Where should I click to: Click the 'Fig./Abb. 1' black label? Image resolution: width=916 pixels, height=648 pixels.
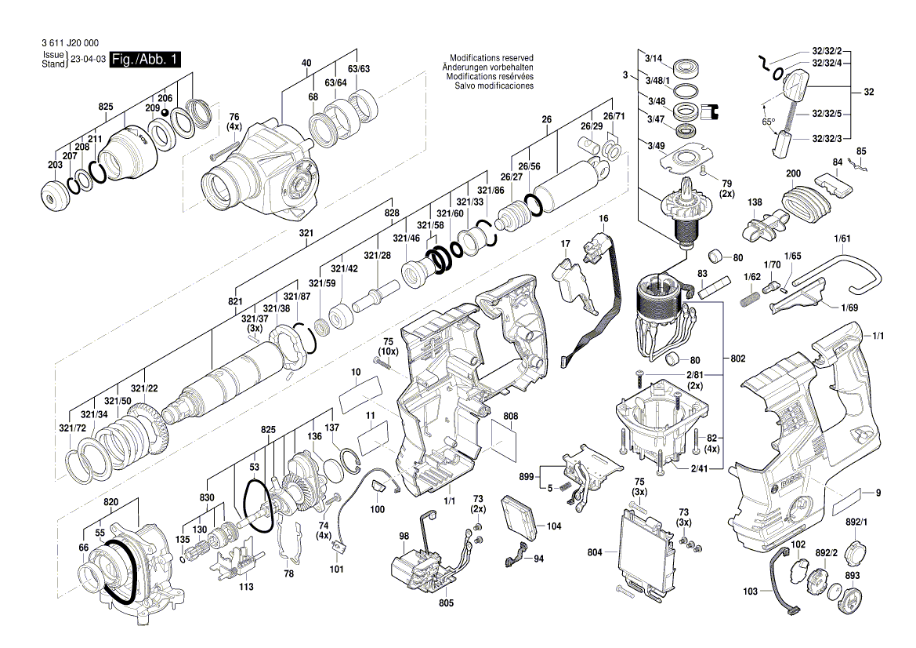click(145, 60)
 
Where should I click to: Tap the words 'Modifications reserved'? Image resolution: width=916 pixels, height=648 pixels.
click(491, 58)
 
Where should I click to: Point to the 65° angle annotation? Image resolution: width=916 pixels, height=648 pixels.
click(768, 122)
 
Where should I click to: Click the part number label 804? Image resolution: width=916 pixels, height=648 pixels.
click(596, 552)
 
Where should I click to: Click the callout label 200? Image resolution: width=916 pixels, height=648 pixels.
click(793, 173)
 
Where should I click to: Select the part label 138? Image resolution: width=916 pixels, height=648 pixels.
click(754, 202)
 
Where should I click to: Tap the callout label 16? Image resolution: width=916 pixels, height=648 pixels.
click(603, 217)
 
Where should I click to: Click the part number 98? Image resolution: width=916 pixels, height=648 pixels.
click(404, 537)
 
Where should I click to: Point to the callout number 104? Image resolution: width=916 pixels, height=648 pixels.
click(554, 526)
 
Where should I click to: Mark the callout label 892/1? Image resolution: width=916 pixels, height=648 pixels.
click(856, 521)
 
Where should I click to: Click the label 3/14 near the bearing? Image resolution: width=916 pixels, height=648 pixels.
click(654, 58)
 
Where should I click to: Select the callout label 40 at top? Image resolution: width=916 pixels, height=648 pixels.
click(306, 63)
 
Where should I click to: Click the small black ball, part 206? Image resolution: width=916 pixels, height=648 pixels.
click(165, 112)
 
